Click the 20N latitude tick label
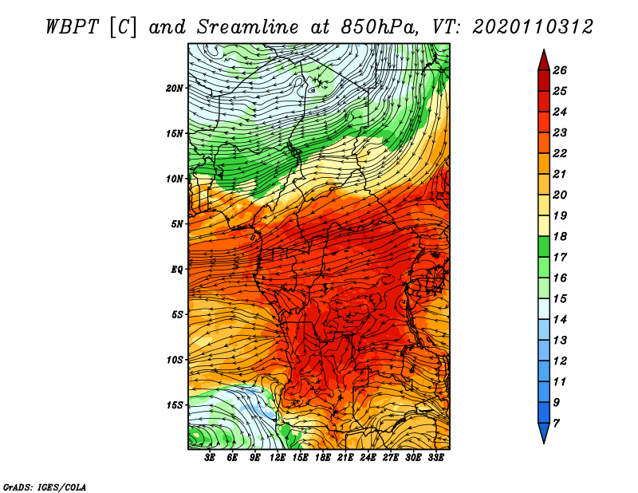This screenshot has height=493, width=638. tap(174, 88)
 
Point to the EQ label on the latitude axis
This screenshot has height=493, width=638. tap(176, 270)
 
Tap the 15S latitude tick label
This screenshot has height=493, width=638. tap(175, 405)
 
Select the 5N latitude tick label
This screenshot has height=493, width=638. tap(177, 224)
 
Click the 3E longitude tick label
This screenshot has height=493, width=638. tap(210, 458)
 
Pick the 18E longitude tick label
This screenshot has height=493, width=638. tap(323, 458)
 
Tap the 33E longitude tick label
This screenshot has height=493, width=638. tap(435, 458)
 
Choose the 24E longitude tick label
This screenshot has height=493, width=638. tap(368, 458)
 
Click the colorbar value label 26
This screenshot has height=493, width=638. tap(560, 70)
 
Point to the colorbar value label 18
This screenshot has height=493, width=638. tap(560, 236)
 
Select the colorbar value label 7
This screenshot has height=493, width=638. tap(556, 424)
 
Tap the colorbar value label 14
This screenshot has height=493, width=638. tap(560, 320)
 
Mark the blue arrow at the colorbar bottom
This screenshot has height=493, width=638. tap(544, 432)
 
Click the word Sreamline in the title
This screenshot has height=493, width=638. tap(248, 27)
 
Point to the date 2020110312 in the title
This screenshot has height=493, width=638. tap(533, 27)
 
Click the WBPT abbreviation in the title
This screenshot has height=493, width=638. tap(72, 27)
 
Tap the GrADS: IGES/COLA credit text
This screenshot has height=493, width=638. tap(45, 487)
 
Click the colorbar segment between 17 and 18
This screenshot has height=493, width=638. tap(544, 246)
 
